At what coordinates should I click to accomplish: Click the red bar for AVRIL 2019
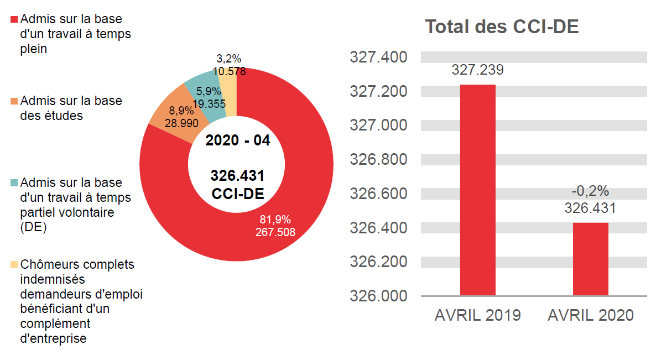(477, 190)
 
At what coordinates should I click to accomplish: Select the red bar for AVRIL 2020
(590, 259)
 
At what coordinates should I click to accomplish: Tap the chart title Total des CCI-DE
(502, 27)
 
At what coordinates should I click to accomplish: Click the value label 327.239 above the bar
(477, 70)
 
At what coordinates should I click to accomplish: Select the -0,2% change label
(590, 191)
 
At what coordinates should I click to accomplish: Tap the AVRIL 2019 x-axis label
(477, 315)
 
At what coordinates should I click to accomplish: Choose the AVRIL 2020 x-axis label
(590, 315)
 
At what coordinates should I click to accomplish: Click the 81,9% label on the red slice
(275, 219)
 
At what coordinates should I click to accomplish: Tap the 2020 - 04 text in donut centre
(237, 140)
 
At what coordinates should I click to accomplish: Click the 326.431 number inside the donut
(237, 176)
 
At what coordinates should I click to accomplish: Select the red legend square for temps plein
(15, 19)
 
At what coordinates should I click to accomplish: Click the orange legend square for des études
(15, 102)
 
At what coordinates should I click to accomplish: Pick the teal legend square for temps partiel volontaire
(15, 183)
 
